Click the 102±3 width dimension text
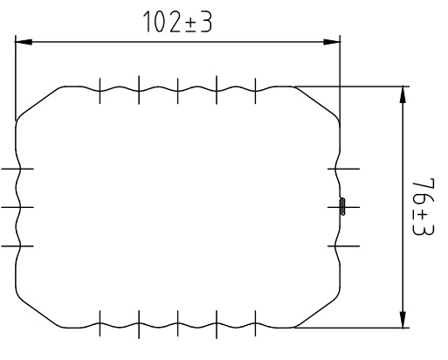(x=178, y=22)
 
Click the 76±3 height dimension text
(x=424, y=206)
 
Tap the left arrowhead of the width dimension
(x=24, y=42)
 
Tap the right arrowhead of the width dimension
(x=332, y=42)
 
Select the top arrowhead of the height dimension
(x=403, y=94)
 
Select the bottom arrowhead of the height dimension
(x=403, y=320)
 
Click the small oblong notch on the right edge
(x=342, y=206)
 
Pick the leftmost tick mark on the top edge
(x=100, y=91)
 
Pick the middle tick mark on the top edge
(x=177, y=91)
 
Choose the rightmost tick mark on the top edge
(x=255, y=91)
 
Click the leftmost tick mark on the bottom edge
(x=100, y=323)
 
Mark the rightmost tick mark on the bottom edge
(x=255, y=323)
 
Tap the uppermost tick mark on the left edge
(x=17, y=169)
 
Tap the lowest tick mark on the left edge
(x=17, y=246)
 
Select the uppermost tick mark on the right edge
(x=343, y=169)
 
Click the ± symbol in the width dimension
(x=190, y=24)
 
